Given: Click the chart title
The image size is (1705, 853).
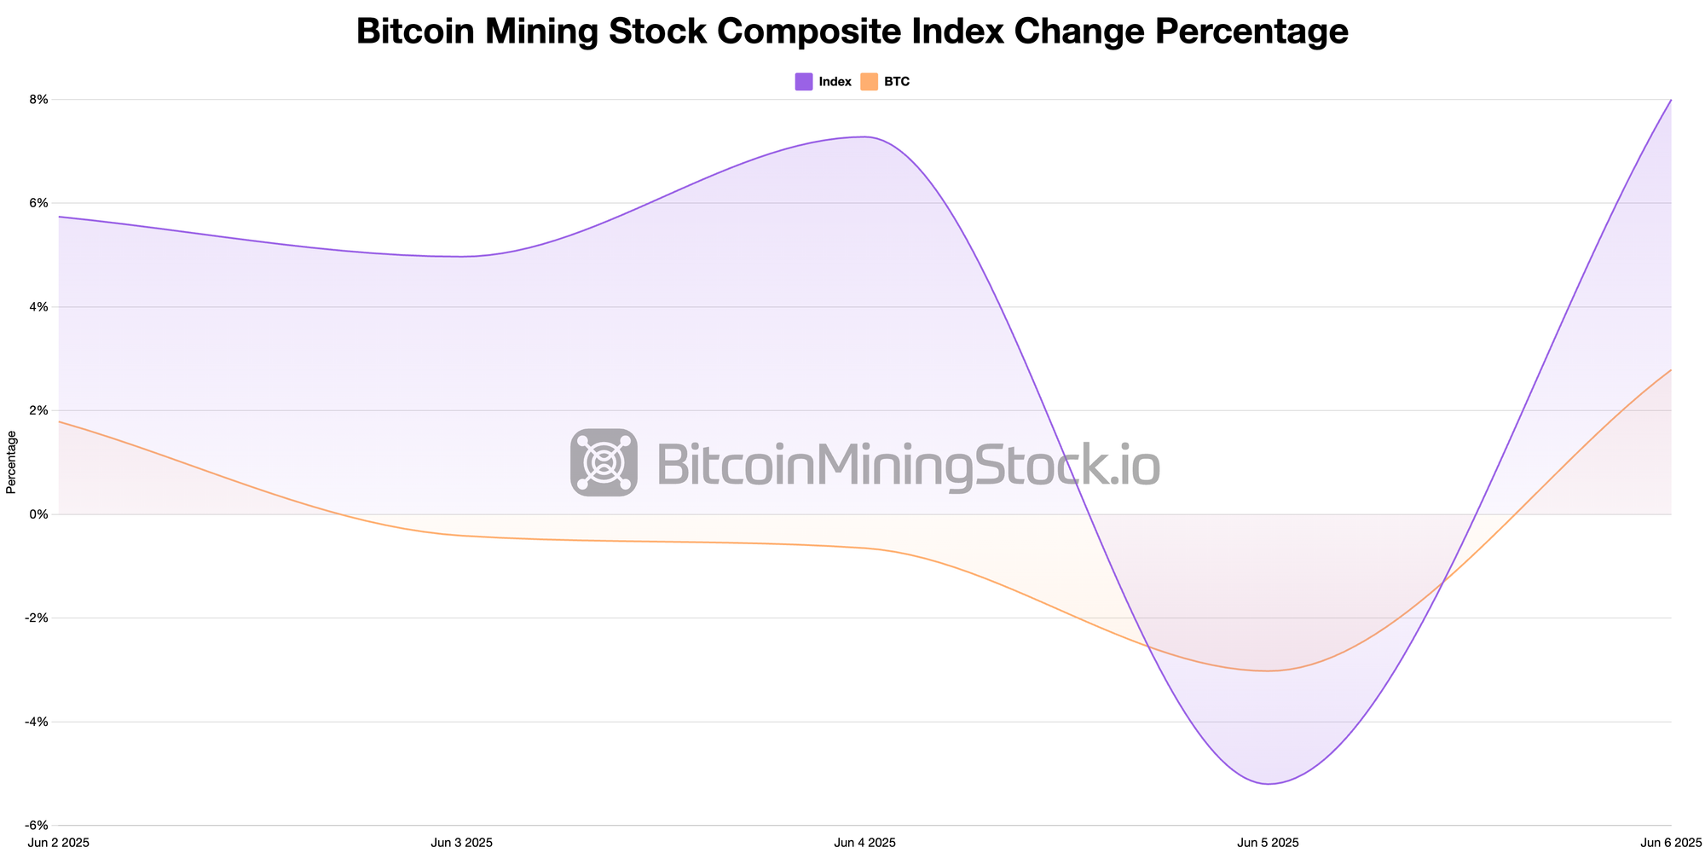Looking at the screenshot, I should click(852, 32).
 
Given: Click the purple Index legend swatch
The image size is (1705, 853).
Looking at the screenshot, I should click(803, 82).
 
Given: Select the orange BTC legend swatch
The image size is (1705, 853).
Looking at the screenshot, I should click(869, 82).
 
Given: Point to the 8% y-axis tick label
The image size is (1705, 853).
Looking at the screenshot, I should click(39, 100).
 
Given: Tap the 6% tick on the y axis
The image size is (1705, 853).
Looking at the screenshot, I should click(39, 203).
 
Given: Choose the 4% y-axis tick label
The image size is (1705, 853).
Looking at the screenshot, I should click(39, 307).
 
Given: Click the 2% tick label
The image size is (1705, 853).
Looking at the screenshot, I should click(39, 410).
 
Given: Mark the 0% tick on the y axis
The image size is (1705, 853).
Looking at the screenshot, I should click(39, 514).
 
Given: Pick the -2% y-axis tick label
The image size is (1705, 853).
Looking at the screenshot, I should click(37, 618).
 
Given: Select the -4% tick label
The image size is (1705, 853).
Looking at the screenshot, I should click(37, 722).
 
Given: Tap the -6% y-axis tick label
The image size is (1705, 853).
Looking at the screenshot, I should click(37, 826).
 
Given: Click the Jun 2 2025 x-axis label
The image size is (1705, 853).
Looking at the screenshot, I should click(59, 843).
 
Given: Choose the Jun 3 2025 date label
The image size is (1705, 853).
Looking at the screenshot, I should click(461, 843).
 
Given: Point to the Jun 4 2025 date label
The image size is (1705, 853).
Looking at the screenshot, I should click(864, 843).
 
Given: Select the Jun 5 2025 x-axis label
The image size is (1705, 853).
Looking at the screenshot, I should click(1268, 843).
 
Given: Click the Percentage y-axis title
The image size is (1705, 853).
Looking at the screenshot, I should click(11, 462).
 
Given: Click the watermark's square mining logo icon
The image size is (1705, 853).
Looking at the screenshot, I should click(604, 462).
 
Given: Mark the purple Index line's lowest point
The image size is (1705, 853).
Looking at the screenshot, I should click(1269, 784).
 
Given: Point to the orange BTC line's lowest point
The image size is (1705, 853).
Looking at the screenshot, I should click(1268, 670).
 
